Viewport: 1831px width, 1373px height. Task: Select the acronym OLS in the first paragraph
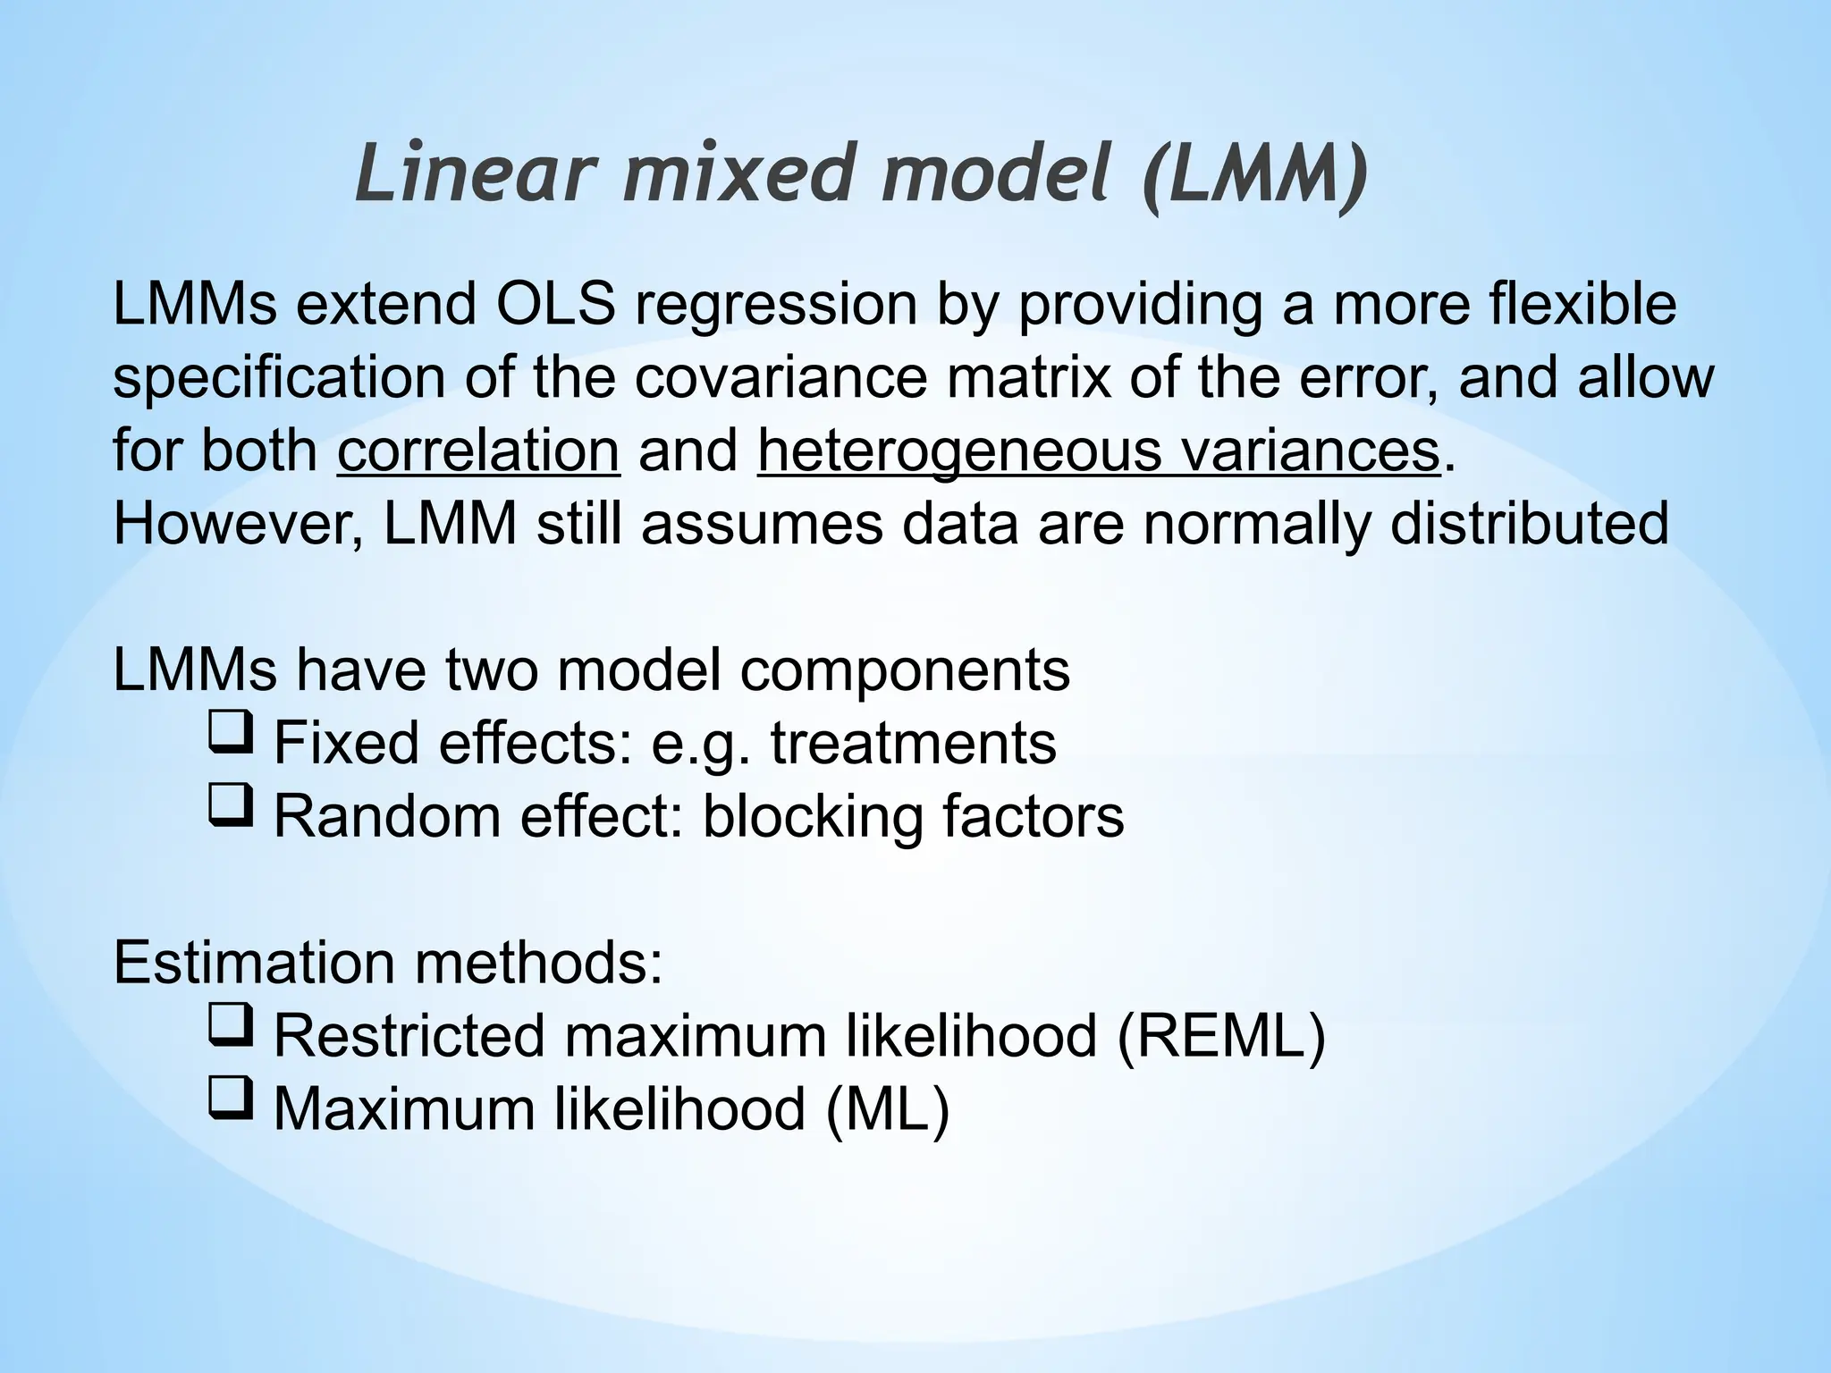point(555,304)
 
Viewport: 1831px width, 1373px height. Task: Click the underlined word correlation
point(478,451)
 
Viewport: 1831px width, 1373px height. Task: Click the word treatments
point(913,744)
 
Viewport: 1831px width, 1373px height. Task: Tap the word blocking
point(813,817)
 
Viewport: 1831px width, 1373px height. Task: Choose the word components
point(905,670)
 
